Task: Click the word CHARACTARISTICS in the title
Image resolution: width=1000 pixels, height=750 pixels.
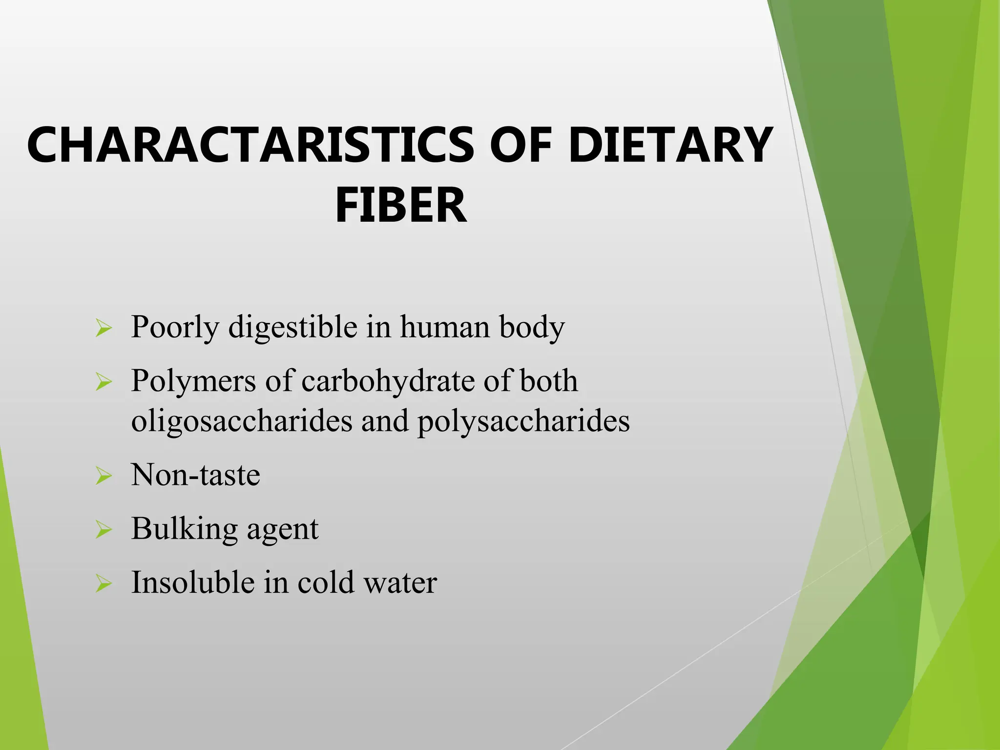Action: coord(250,146)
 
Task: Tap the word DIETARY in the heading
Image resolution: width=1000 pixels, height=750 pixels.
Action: coord(670,146)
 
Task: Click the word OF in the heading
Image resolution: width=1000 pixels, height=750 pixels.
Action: coord(521,146)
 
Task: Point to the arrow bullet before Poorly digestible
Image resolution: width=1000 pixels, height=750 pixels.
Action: coord(104,328)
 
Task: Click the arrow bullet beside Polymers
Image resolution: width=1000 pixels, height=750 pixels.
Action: coord(104,381)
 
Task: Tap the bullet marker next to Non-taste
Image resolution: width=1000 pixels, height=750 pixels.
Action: coord(104,476)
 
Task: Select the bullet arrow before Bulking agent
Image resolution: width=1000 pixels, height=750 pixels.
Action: coord(104,529)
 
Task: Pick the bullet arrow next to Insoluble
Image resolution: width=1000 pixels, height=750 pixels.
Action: coord(104,583)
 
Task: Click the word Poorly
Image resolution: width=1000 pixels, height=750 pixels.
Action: coord(175,327)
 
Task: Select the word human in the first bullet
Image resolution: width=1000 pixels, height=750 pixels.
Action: coord(445,327)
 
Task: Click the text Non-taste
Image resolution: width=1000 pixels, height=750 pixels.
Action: coord(195,475)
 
